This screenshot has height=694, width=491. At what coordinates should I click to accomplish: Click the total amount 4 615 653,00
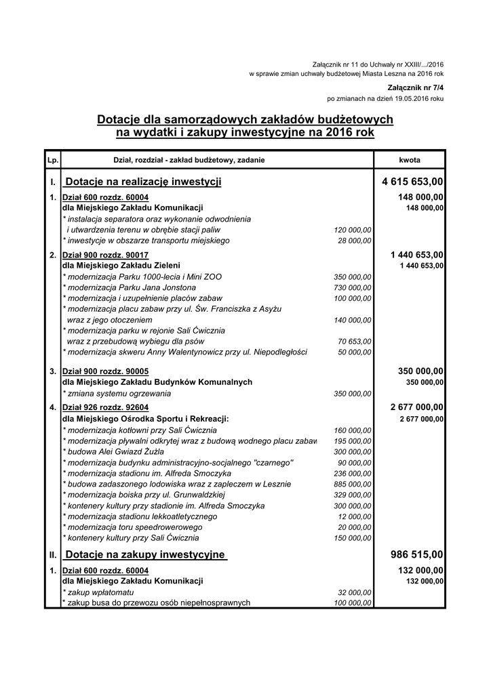[412, 182]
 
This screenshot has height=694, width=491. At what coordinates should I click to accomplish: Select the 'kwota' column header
[410, 160]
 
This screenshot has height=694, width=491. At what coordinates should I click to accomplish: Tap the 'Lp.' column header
[52, 160]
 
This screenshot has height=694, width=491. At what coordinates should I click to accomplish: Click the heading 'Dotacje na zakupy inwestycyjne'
[144, 555]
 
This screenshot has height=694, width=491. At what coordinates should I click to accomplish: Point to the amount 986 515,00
[417, 555]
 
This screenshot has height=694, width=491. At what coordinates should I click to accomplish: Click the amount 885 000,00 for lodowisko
[353, 484]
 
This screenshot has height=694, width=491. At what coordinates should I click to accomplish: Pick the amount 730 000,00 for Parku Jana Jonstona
[353, 287]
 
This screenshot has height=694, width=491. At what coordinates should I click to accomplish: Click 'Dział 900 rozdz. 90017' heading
[105, 255]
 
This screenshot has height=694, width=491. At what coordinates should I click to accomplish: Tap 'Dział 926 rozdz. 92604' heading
[105, 407]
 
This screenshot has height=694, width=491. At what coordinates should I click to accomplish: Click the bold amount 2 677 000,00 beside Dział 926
[417, 407]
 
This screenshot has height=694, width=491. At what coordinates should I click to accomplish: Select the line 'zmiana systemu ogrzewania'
[117, 393]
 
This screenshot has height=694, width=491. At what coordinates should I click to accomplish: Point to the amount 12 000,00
[355, 516]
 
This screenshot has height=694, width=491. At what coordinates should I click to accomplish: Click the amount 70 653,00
[355, 342]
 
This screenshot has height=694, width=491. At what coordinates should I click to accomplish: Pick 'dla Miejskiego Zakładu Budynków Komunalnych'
[157, 382]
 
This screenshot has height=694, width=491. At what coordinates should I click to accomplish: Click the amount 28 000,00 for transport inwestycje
[355, 241]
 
